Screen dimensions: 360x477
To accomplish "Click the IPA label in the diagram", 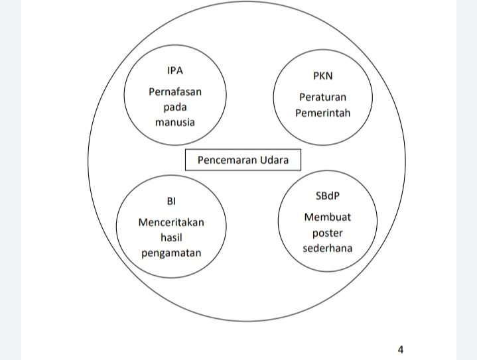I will pyautogui.click(x=175, y=70).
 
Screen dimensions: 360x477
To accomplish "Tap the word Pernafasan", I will pyautogui.click(x=175, y=91).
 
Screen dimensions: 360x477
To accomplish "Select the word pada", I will pyautogui.click(x=175, y=107).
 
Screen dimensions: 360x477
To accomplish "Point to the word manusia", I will pyautogui.click(x=175, y=122).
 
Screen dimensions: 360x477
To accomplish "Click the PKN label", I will pyautogui.click(x=322, y=76).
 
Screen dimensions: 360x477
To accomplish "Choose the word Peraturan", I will pyautogui.click(x=322, y=97).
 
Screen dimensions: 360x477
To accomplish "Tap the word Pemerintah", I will pyautogui.click(x=322, y=112).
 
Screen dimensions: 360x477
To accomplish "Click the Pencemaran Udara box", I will pyautogui.click(x=243, y=160).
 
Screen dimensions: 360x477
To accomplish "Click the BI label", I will pyautogui.click(x=171, y=201).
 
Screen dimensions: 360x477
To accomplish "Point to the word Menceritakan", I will pyautogui.click(x=171, y=222).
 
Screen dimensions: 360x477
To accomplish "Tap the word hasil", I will pyautogui.click(x=171, y=237).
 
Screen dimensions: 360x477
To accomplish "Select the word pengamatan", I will pyautogui.click(x=171, y=253).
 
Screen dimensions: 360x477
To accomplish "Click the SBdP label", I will pyautogui.click(x=327, y=196).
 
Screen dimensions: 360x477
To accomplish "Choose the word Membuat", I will pyautogui.click(x=327, y=217).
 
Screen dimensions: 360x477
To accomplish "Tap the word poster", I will pyautogui.click(x=327, y=233).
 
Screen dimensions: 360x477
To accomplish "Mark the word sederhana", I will pyautogui.click(x=327, y=248).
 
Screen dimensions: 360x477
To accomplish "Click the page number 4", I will pyautogui.click(x=401, y=349).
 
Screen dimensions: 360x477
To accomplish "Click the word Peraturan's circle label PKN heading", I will pyautogui.click(x=322, y=76).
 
